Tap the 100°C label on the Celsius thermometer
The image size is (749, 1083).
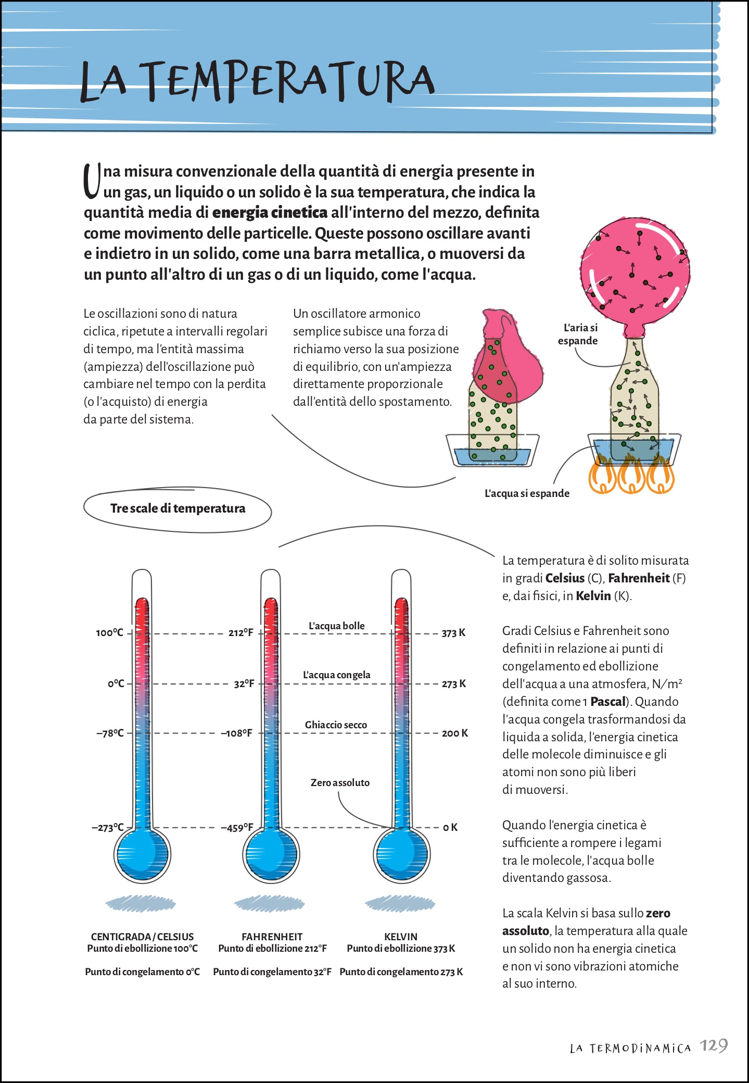tap(109, 633)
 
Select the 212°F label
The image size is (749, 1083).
tap(240, 633)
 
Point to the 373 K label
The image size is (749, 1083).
tap(453, 633)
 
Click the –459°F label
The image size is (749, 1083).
tap(237, 827)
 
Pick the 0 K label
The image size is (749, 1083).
tap(450, 827)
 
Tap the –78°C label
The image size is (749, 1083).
tap(110, 733)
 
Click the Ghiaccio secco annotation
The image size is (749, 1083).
tap(336, 725)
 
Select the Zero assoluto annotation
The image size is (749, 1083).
tap(340, 782)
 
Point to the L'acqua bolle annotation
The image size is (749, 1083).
tap(337, 626)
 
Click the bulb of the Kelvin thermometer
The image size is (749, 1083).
tap(401, 855)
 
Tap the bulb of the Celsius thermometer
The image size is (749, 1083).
tap(142, 855)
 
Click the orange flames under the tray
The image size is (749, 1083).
tap(631, 474)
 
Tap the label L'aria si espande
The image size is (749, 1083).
tap(578, 334)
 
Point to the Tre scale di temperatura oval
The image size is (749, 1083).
tap(177, 509)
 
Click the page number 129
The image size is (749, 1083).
tap(714, 1046)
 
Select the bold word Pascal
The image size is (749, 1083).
tap(607, 702)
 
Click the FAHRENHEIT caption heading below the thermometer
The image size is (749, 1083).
tap(272, 937)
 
